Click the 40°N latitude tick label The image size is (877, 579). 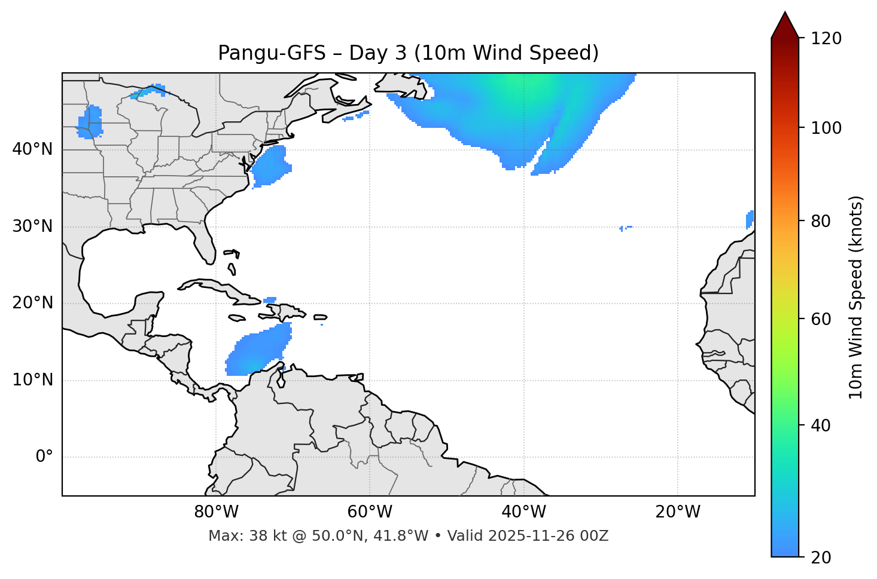point(32,149)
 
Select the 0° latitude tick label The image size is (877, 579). point(44,457)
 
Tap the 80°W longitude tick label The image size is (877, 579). point(216,512)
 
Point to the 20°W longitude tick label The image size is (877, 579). point(678,512)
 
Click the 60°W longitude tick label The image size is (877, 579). point(370,512)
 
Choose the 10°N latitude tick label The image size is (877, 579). point(32,380)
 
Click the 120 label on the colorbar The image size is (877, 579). point(826,39)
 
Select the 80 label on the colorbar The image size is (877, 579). point(821,222)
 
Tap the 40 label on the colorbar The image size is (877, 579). point(821,426)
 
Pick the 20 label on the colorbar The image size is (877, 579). point(821,557)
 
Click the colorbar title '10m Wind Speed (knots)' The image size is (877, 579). point(856,298)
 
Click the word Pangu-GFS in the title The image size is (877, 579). point(272,53)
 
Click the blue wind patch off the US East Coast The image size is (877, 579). point(271,166)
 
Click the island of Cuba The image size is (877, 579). point(218,288)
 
